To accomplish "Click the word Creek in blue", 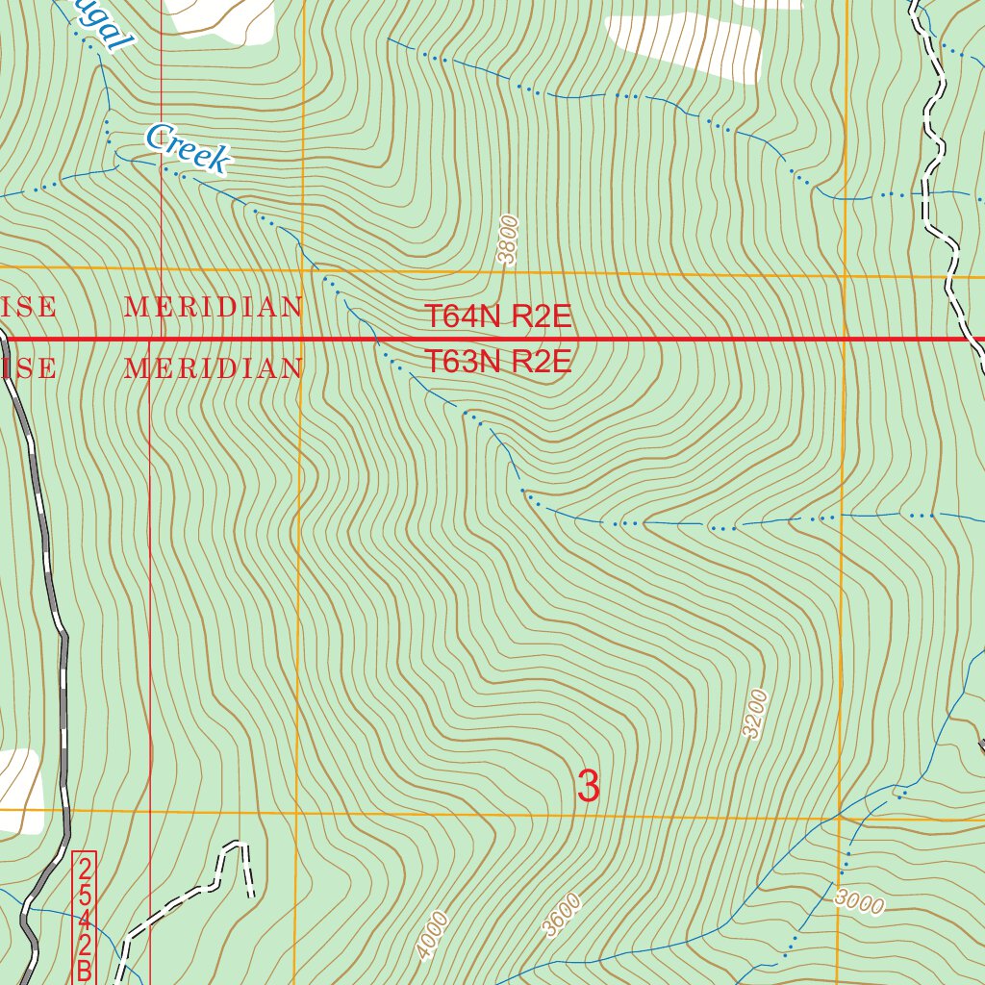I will click(x=189, y=149).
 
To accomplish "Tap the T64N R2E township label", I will click(x=498, y=316).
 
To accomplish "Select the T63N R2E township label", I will click(x=498, y=363).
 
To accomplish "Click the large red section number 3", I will click(x=588, y=786).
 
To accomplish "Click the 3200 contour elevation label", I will click(x=757, y=713).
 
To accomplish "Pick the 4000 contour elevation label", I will click(x=433, y=935).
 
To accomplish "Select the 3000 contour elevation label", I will click(x=858, y=901).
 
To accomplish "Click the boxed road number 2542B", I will click(x=85, y=917).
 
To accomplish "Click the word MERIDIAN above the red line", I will click(x=215, y=308).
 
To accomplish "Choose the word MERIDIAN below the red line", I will click(x=215, y=368).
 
